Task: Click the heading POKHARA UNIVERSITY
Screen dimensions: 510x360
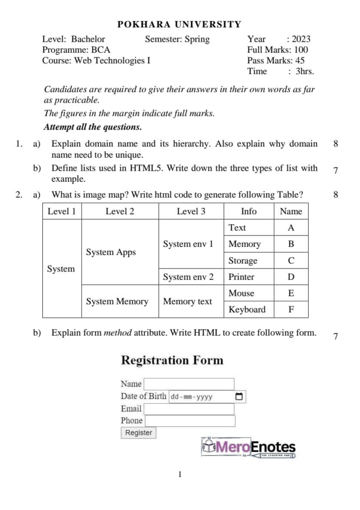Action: [x=179, y=24]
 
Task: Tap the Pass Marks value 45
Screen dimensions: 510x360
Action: [x=300, y=61]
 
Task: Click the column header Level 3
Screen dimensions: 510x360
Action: [x=191, y=211]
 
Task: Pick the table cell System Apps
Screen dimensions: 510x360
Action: [x=111, y=252]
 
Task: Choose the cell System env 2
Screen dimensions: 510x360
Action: [x=188, y=277]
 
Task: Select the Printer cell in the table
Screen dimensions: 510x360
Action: [x=241, y=277]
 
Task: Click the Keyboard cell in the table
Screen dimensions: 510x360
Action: [x=247, y=309]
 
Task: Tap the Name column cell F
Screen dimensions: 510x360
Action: [x=291, y=309]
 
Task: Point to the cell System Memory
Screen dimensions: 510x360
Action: [x=117, y=301]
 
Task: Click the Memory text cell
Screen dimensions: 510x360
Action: [x=187, y=301]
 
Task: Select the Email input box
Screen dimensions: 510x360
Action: [x=189, y=409]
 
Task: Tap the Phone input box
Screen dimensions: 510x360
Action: [x=189, y=421]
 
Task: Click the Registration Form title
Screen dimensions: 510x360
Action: [x=172, y=361]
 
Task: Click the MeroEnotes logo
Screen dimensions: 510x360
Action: [x=248, y=447]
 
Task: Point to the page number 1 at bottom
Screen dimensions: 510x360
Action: [x=180, y=475]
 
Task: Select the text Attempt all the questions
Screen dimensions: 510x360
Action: [x=93, y=127]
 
